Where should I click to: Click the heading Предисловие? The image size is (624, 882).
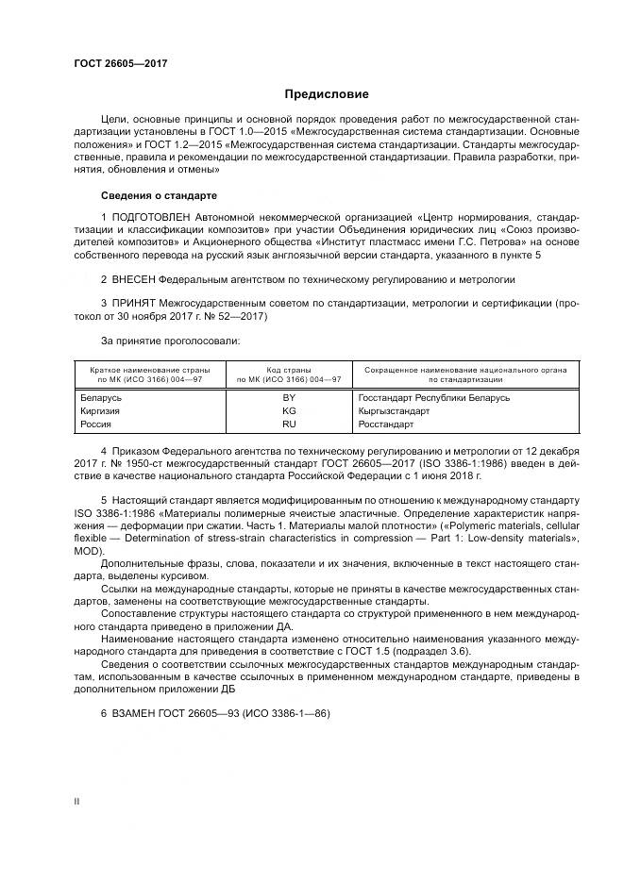[x=327, y=94]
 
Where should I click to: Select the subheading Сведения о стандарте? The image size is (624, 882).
[x=159, y=196]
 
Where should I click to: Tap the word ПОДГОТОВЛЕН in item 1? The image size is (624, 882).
[x=152, y=219]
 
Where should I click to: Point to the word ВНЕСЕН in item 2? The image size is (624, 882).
[x=133, y=280]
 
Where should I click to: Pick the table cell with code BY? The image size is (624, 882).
[x=289, y=398]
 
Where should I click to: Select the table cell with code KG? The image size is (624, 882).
[x=289, y=411]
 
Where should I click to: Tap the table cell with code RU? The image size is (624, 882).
[x=289, y=424]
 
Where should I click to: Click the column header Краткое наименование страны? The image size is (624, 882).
[x=150, y=371]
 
